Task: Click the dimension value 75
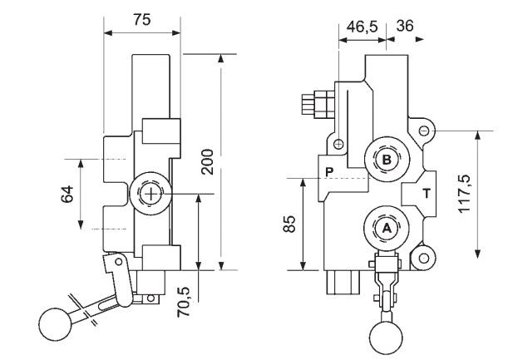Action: pyautogui.click(x=142, y=21)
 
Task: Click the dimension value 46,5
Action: pyautogui.click(x=361, y=27)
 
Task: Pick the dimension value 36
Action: pyautogui.click(x=406, y=27)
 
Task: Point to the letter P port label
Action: pyautogui.click(x=329, y=171)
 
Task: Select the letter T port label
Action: pyautogui.click(x=427, y=193)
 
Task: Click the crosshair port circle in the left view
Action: pyautogui.click(x=150, y=194)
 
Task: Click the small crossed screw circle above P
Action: pyautogui.click(x=338, y=144)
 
